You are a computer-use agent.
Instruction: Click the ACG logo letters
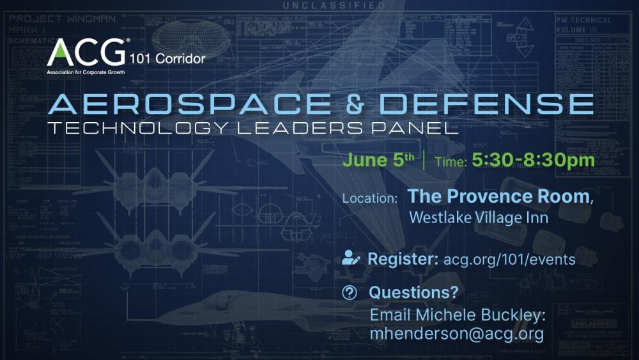pos(86,52)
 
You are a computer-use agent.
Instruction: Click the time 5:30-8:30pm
pos(533,160)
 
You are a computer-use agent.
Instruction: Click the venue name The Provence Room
pos(498,196)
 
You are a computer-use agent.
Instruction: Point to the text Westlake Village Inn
pos(478,217)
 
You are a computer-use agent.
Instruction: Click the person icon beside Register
pos(351,258)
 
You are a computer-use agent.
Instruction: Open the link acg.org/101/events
pos(509,260)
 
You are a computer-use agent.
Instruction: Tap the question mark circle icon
pos(350,292)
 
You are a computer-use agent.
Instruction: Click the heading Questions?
pos(414,292)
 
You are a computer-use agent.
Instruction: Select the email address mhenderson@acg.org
pos(456,333)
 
